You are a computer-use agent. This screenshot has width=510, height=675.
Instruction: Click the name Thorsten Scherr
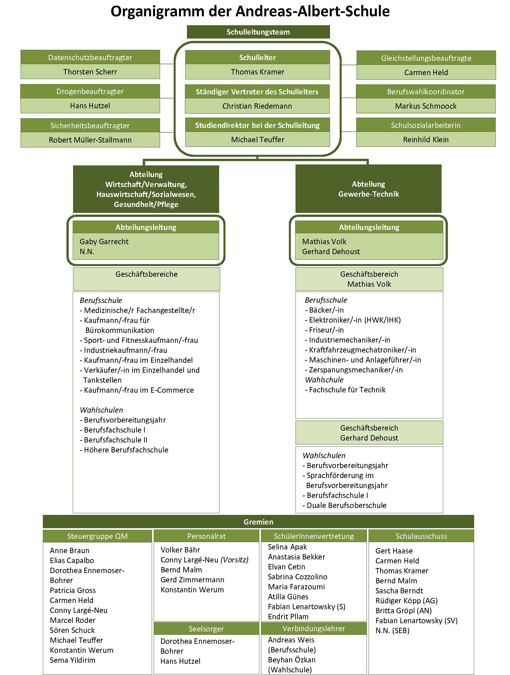(90, 72)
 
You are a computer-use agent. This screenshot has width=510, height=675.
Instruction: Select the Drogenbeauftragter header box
(90, 91)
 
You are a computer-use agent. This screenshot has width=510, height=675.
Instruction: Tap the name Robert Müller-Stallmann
(90, 140)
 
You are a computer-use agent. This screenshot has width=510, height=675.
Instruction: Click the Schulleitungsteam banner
(258, 32)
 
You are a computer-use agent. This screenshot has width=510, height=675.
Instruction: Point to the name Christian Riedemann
(257, 106)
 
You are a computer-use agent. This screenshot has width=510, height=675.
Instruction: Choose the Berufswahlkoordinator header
(426, 92)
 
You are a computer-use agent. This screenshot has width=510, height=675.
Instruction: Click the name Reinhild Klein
(426, 140)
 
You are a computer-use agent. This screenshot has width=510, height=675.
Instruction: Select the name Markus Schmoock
(426, 106)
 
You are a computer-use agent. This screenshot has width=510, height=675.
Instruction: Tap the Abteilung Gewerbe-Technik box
(369, 189)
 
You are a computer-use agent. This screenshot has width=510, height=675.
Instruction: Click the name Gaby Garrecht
(104, 241)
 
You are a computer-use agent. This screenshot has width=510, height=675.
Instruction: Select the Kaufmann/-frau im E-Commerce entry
(137, 390)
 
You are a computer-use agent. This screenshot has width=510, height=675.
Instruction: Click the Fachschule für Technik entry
(345, 390)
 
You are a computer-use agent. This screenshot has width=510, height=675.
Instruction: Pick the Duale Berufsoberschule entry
(345, 505)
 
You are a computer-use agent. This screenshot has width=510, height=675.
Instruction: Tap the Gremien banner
(258, 522)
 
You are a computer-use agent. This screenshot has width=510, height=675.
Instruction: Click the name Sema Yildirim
(72, 660)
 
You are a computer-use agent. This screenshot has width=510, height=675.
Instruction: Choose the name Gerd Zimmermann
(192, 580)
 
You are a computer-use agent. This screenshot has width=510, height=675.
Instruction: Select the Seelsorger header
(206, 628)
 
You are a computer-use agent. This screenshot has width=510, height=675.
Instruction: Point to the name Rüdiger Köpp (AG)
(406, 601)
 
